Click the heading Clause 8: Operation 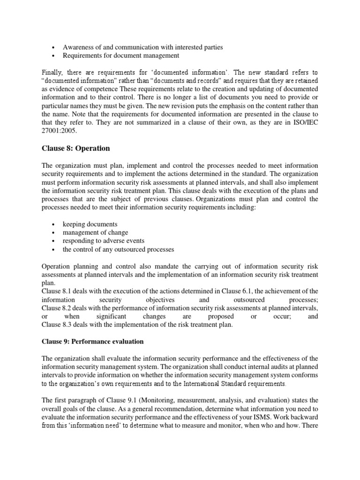75,148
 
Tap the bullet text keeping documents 90,224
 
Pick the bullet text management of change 95,232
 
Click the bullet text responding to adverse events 104,241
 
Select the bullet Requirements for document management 121,56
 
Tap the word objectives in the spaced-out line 160,300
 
